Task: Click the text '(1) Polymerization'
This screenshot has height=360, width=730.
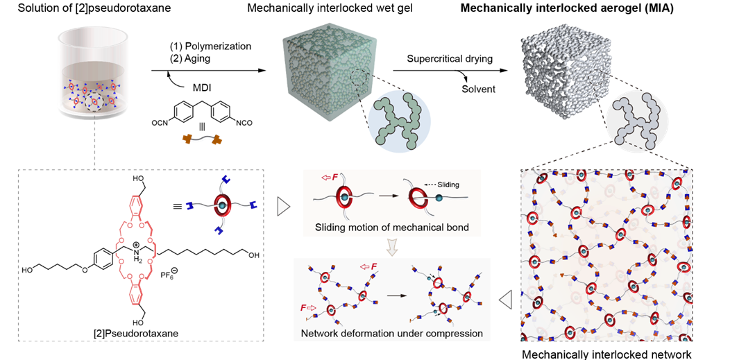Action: [211, 46]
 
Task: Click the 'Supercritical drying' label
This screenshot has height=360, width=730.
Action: [450, 59]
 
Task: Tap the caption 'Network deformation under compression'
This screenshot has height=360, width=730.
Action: [392, 334]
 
